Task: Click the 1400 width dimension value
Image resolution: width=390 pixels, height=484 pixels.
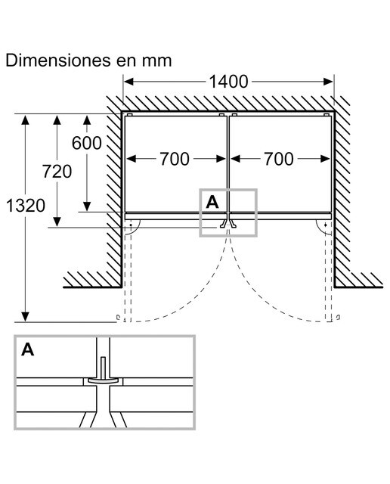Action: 228,82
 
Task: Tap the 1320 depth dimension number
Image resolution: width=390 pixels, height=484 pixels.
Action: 26,206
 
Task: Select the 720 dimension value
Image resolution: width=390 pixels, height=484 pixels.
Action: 57,172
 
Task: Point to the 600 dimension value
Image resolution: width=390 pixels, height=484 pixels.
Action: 87,143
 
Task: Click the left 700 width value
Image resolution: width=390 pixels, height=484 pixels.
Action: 175,159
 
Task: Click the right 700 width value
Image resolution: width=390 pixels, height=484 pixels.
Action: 279,159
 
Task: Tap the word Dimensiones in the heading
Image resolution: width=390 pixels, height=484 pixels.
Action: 58,60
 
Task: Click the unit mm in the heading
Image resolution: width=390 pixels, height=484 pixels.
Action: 156,61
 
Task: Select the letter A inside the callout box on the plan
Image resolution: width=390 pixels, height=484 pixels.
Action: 212,202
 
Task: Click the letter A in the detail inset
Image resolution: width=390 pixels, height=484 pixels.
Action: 28,349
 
